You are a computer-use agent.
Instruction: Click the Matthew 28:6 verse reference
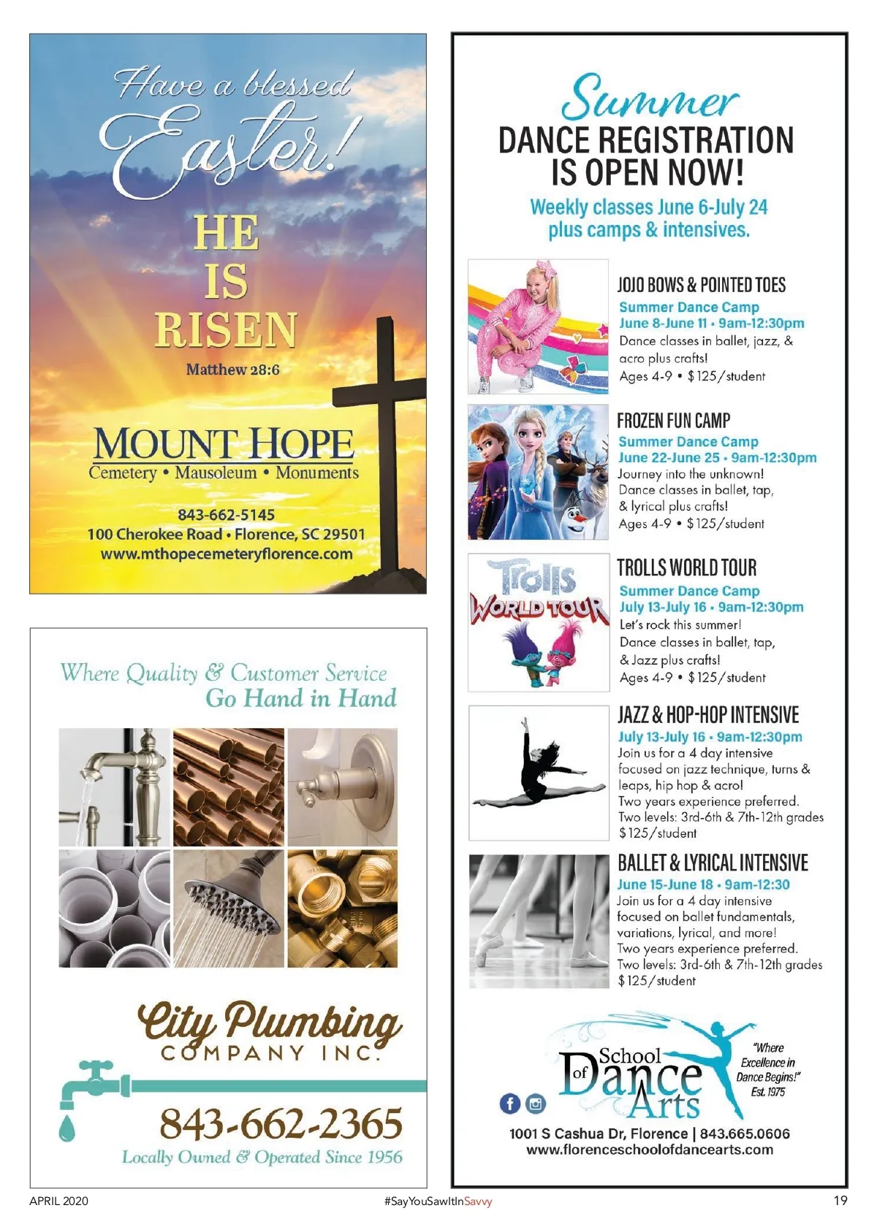(232, 370)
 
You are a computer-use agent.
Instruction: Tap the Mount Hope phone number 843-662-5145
(227, 515)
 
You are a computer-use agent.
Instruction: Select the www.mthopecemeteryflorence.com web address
(227, 554)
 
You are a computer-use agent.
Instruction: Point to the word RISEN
(227, 329)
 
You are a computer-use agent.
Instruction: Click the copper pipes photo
(229, 787)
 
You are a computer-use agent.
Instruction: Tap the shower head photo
(229, 908)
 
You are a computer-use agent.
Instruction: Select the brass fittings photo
(343, 908)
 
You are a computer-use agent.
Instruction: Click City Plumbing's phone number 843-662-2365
(281, 1123)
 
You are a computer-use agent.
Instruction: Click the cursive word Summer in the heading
(649, 99)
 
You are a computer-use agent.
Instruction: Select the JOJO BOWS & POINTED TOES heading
(701, 285)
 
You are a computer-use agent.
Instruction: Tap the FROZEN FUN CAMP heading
(673, 421)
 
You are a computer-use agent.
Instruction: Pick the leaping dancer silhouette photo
(539, 772)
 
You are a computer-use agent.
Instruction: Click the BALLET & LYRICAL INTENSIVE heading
(713, 863)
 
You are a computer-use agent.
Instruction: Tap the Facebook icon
(510, 1104)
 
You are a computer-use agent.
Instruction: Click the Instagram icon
(536, 1104)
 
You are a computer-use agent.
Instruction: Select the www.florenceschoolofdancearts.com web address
(650, 1150)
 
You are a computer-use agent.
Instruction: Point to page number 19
(840, 1201)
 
